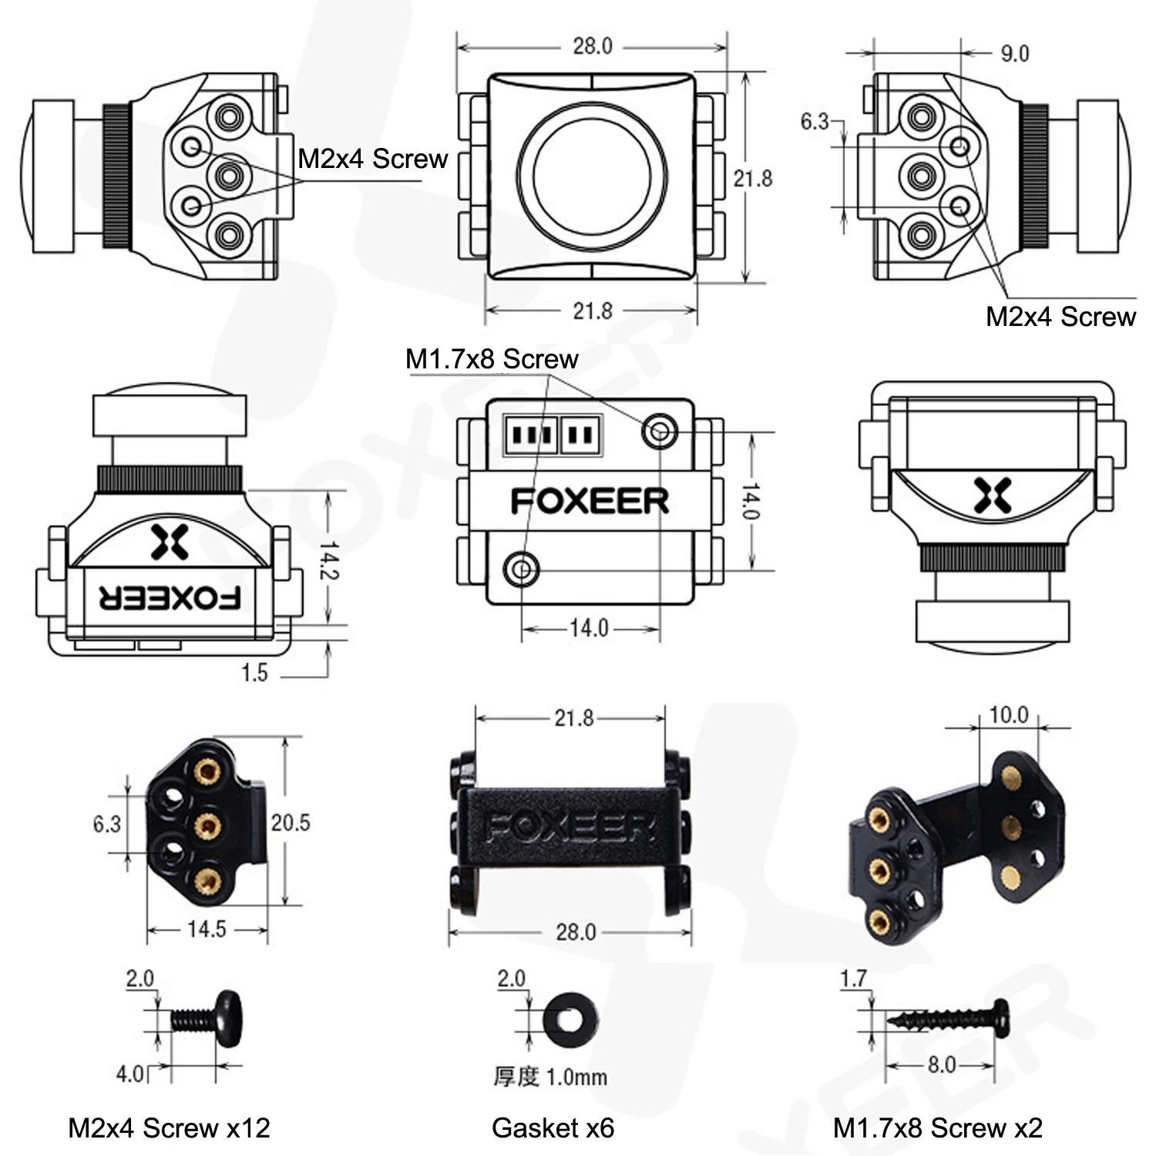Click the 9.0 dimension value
click(1014, 54)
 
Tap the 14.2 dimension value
click(330, 560)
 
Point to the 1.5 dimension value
click(254, 673)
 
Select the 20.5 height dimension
click(291, 823)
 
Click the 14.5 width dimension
click(207, 929)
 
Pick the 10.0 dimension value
click(1009, 715)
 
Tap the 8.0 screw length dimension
click(942, 1065)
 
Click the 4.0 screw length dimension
click(129, 1074)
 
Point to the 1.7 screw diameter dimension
click(854, 979)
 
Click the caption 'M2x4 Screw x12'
click(170, 1128)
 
